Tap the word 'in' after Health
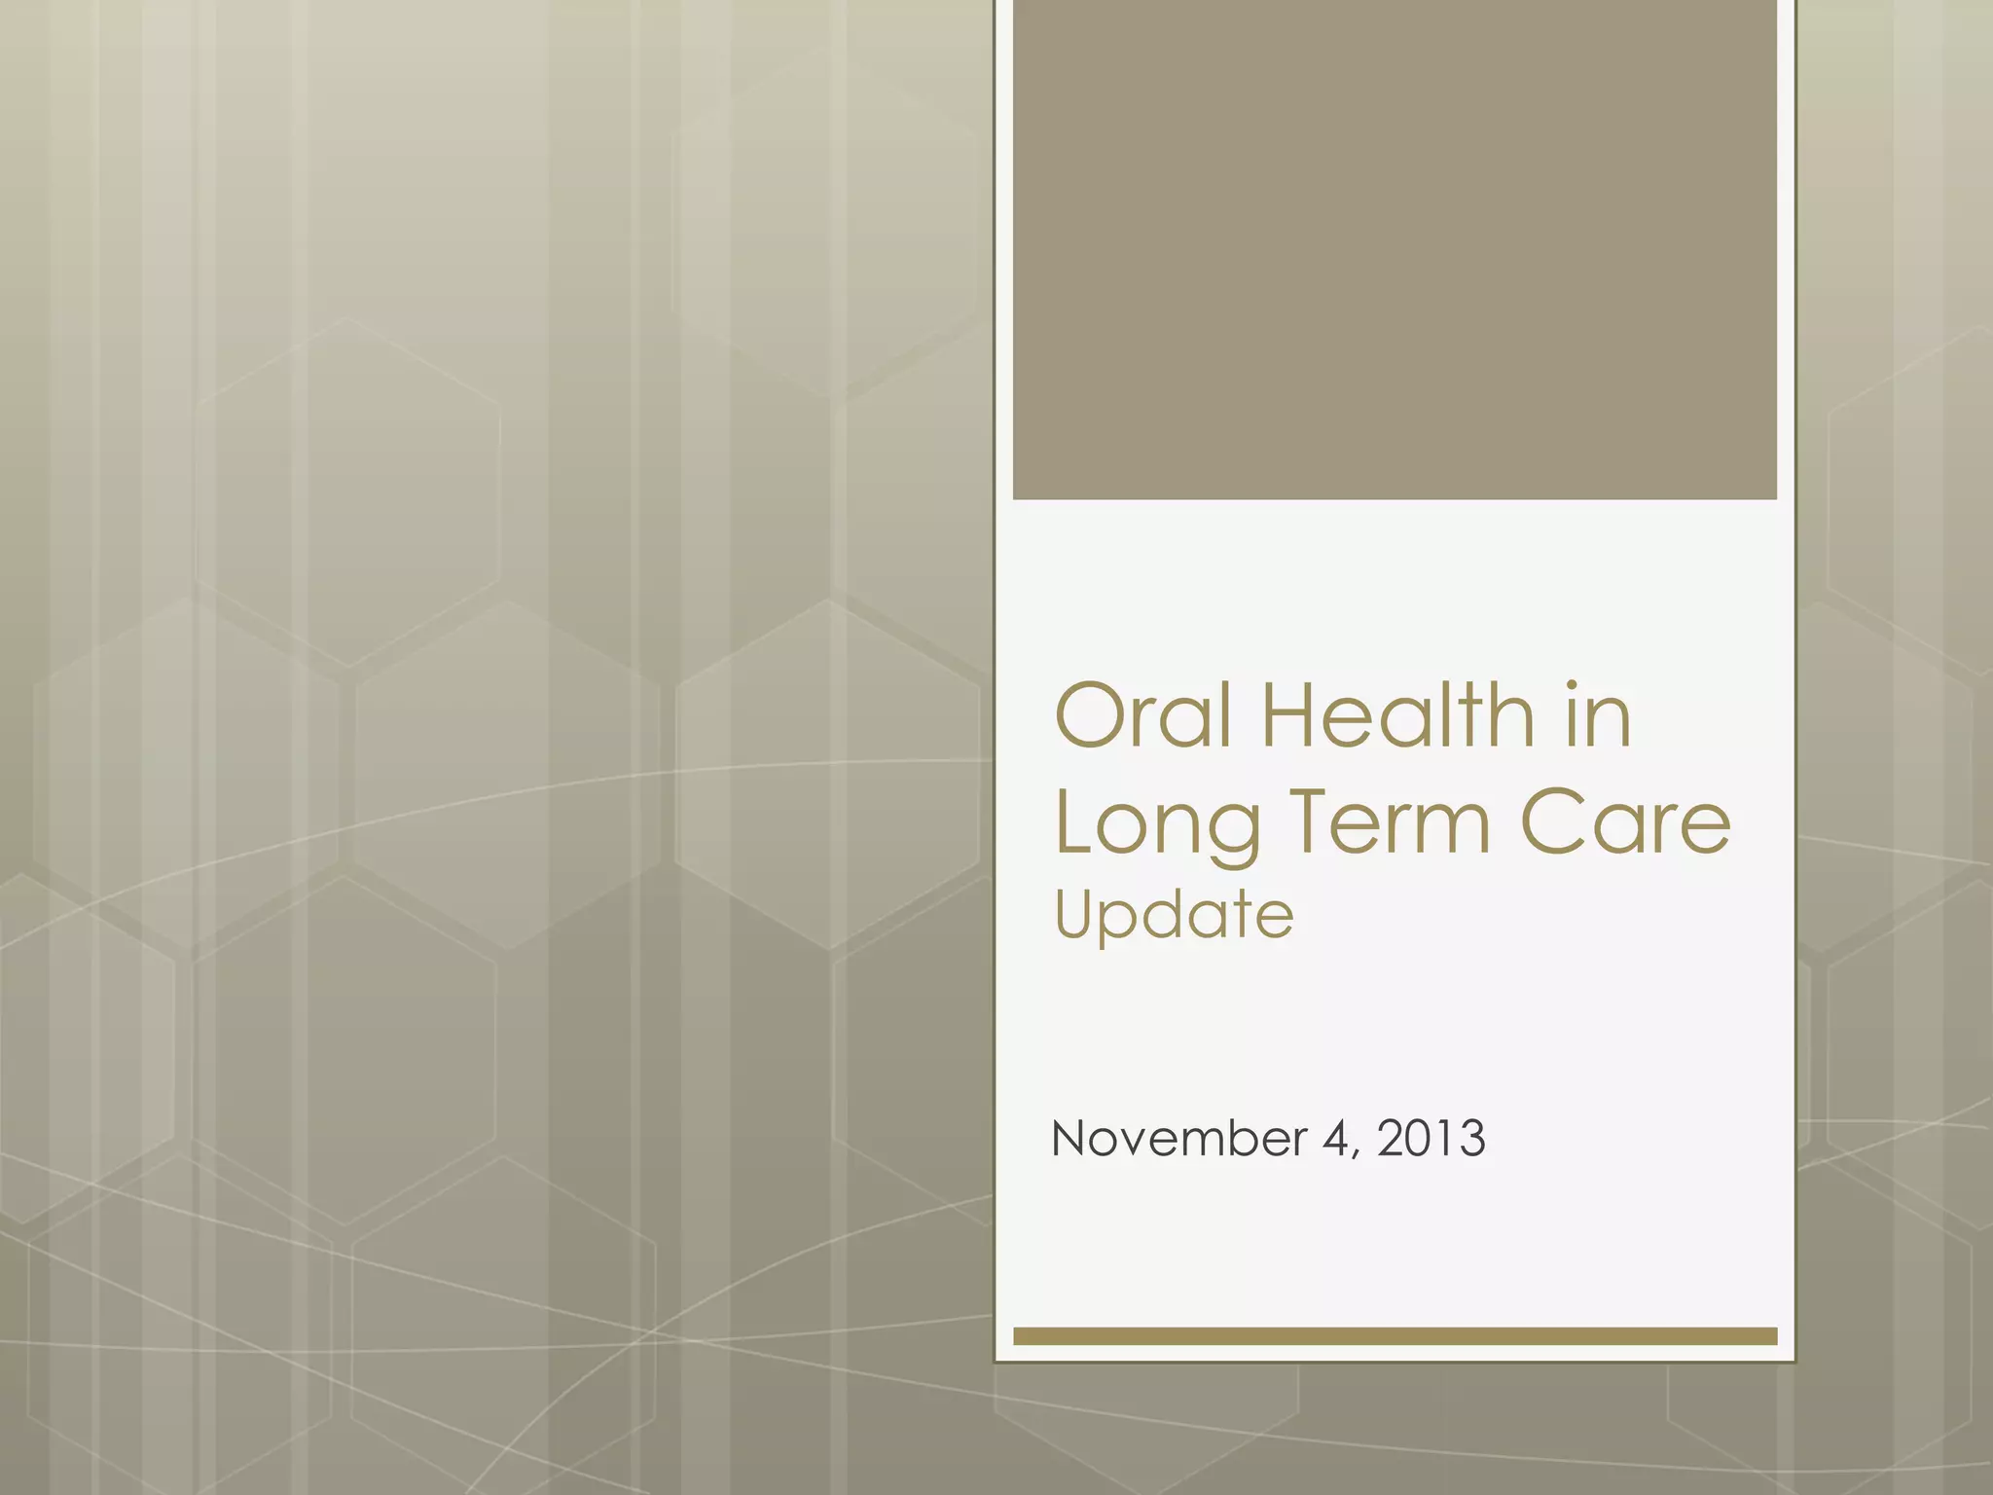pyautogui.click(x=1596, y=717)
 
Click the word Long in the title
pyautogui.click(x=1157, y=825)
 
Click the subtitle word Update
pyautogui.click(x=1174, y=916)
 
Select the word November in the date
pyautogui.click(x=1178, y=1138)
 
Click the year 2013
pyautogui.click(x=1431, y=1138)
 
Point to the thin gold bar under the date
pyautogui.click(x=1395, y=1336)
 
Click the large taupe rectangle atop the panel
pyautogui.click(x=1395, y=249)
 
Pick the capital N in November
pyautogui.click(x=1069, y=1138)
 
